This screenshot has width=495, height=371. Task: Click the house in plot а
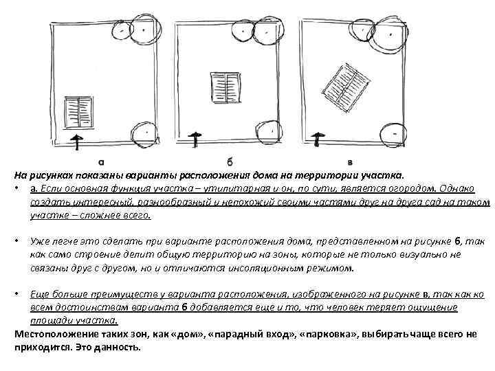tap(78, 110)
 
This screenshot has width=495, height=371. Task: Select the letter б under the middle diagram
tap(230, 162)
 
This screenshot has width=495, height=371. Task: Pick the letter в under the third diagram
tap(351, 163)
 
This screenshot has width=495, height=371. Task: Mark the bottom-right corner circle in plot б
tap(273, 128)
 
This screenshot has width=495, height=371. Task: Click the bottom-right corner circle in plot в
tap(395, 130)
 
